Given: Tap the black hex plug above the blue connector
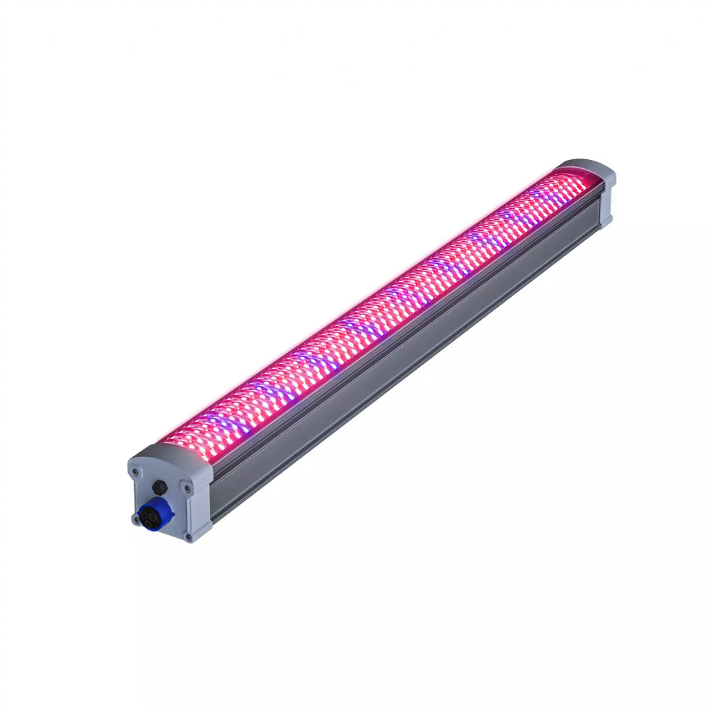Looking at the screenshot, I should [159, 487].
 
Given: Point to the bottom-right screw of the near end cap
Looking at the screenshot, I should [188, 537].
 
